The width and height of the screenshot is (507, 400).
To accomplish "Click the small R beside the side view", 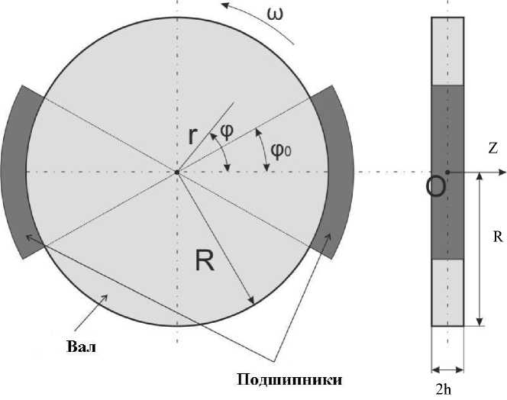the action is [x=497, y=237].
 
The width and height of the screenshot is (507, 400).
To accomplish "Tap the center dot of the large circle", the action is [x=176, y=172].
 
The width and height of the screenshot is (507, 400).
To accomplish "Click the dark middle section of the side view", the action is [x=447, y=137].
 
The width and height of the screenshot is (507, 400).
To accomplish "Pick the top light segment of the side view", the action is [x=447, y=49].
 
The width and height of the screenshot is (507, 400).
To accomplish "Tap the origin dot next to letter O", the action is [x=447, y=172].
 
